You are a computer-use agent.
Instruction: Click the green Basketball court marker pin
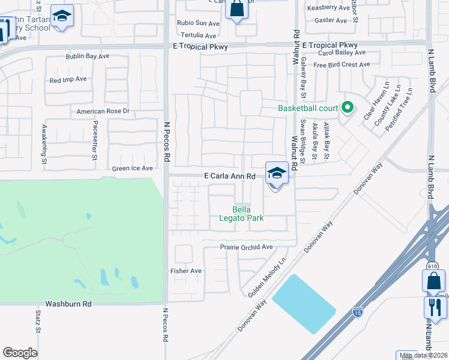point(346,108)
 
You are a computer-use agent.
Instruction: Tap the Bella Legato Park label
point(249,214)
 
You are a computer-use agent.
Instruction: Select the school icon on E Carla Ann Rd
point(276,173)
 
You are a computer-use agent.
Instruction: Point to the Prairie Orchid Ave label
point(246,247)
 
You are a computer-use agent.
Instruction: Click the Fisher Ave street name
point(186,271)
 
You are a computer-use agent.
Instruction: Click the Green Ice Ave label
point(132,169)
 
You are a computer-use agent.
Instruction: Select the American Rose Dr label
point(103,112)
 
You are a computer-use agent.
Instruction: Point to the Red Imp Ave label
point(68,79)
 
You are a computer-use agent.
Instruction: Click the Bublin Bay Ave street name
point(87,56)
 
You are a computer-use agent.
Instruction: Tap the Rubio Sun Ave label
point(198,23)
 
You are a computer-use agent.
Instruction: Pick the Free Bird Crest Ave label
point(341,65)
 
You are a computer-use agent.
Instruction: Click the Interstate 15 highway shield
point(357,312)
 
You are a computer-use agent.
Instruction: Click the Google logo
point(20,352)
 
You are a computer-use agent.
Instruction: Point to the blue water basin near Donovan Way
point(304,304)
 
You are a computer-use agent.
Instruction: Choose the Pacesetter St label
point(95,147)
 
